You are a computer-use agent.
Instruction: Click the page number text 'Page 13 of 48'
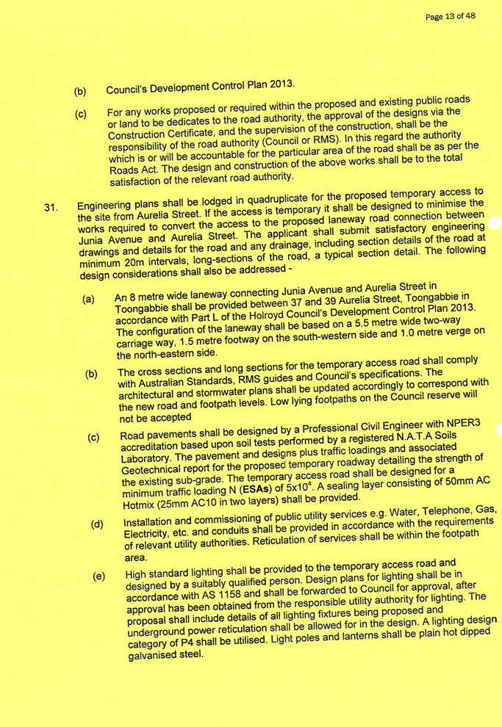[450, 16]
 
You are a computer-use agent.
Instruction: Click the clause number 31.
[50, 208]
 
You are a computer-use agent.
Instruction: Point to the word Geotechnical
[154, 466]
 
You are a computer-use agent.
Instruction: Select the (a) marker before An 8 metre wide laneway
[88, 300]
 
